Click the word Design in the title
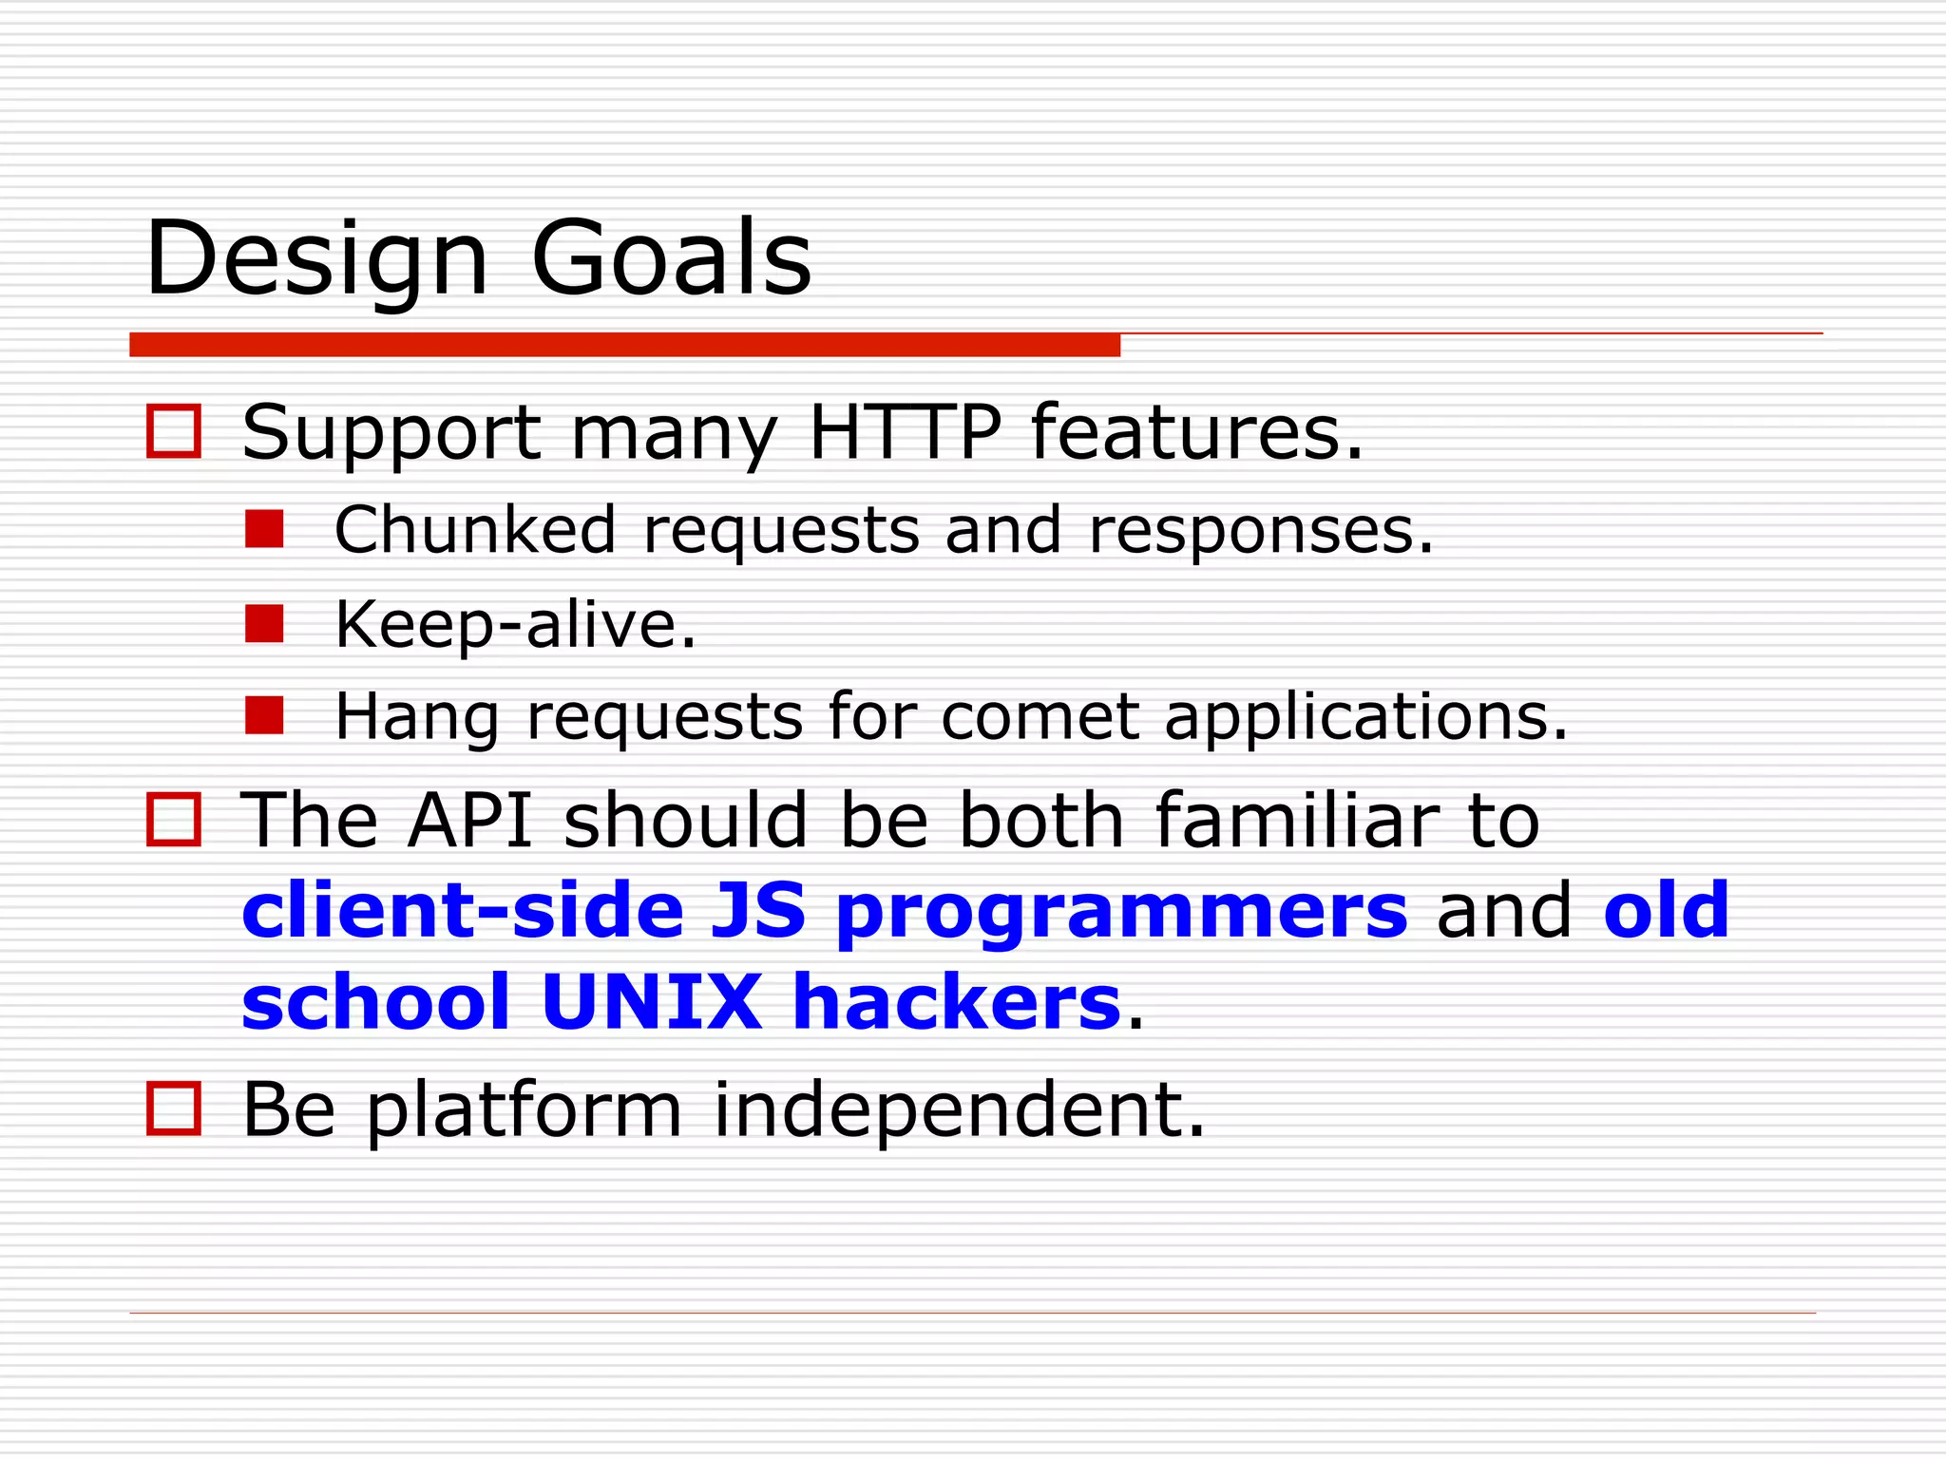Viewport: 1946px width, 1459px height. coord(316,259)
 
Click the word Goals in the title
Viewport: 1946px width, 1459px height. coord(671,259)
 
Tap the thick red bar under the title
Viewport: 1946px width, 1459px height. coord(624,345)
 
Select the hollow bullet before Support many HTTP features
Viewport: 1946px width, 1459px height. coord(174,432)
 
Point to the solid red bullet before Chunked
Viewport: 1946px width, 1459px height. coord(264,530)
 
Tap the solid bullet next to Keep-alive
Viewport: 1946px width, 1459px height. coord(264,624)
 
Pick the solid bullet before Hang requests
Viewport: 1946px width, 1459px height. coord(264,716)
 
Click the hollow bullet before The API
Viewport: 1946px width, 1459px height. coord(174,820)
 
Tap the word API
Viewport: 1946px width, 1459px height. coord(470,820)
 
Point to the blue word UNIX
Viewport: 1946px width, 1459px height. coord(651,1003)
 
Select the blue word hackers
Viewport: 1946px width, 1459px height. coord(956,1003)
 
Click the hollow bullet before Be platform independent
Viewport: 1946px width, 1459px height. coord(174,1108)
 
